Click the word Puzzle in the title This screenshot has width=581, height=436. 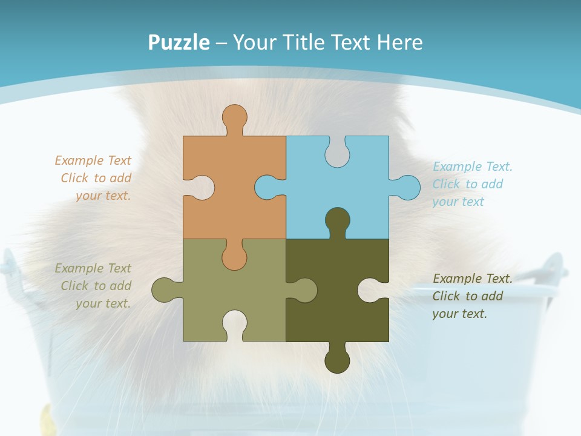(x=179, y=42)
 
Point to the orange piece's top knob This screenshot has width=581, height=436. (x=234, y=116)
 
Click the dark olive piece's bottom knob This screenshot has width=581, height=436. (x=337, y=360)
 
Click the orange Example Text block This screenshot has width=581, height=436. (x=94, y=178)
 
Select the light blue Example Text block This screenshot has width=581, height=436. (x=472, y=184)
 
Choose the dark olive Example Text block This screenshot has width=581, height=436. (x=472, y=296)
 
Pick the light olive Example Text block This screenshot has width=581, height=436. (x=94, y=286)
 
